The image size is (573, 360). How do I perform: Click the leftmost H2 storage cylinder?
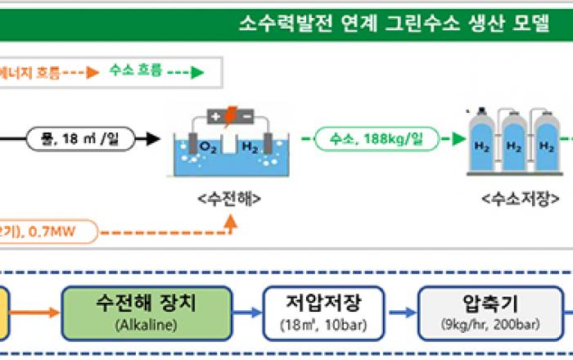coord(482,147)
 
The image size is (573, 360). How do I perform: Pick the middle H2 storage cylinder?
coord(514,147)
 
